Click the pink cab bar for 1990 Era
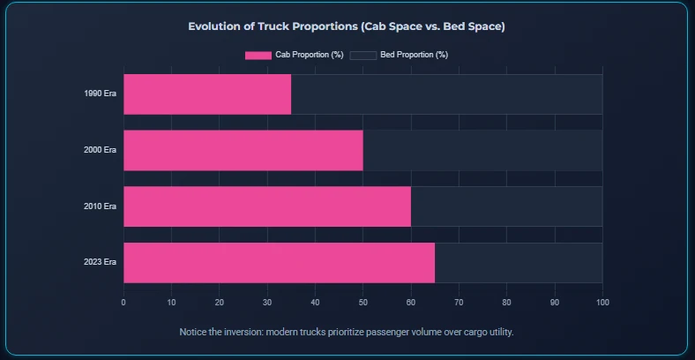click(x=207, y=94)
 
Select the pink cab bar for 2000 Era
click(x=243, y=150)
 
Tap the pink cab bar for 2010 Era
click(x=266, y=206)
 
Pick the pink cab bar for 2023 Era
click(x=279, y=263)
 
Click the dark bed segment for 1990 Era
click(x=446, y=94)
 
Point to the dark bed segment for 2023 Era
click(x=519, y=263)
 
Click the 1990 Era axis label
click(x=100, y=94)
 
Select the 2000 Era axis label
click(x=100, y=150)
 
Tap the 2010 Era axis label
click(x=100, y=206)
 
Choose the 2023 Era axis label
click(x=100, y=263)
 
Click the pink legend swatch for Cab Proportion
click(x=258, y=56)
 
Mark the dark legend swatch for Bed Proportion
click(x=363, y=56)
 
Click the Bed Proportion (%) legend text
click(x=414, y=56)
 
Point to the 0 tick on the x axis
click(x=123, y=303)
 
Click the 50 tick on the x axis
click(x=362, y=303)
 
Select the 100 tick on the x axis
click(x=602, y=303)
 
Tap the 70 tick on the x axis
click(x=459, y=303)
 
